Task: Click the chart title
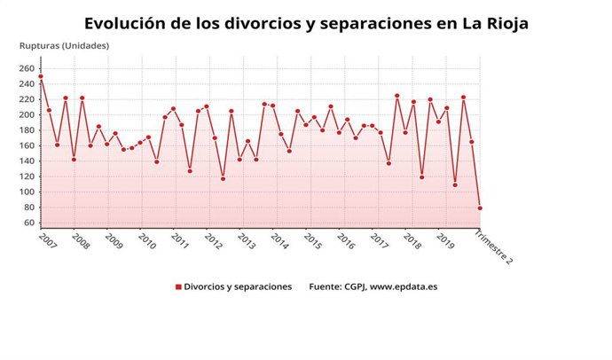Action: pos(306,23)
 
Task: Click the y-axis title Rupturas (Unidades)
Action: pos(64,45)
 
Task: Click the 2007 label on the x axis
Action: pos(48,240)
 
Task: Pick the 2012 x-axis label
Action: pos(213,240)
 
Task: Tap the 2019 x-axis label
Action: pos(446,240)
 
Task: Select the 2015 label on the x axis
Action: pos(312,240)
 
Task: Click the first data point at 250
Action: pos(41,76)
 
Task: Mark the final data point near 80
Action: pos(480,208)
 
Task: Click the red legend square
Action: pos(177,287)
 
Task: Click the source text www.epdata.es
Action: pos(404,287)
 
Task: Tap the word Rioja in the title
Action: pos(504,23)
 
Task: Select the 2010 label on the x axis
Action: pos(146,240)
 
